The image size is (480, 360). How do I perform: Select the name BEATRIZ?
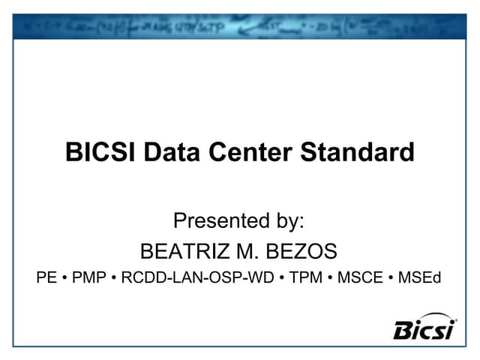[188, 250]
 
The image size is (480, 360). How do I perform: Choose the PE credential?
[48, 278]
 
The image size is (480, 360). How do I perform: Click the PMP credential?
[91, 278]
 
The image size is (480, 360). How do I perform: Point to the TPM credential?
[307, 278]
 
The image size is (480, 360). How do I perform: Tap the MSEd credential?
[420, 278]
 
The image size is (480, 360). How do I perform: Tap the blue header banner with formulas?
[240, 27]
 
